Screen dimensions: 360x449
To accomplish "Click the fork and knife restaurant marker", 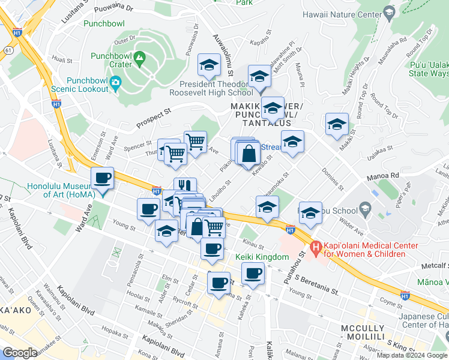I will click(185, 187).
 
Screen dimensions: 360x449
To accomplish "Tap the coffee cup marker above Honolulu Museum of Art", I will click(103, 178).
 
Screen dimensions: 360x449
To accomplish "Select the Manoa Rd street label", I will click(382, 176).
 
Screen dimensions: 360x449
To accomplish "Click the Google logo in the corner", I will click(19, 352).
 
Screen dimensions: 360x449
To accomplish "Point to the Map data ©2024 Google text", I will click(411, 355).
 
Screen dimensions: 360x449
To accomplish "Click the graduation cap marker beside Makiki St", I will click(337, 124).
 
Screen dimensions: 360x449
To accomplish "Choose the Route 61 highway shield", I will click(8, 52).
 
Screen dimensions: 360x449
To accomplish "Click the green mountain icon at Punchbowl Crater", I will click(139, 57).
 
